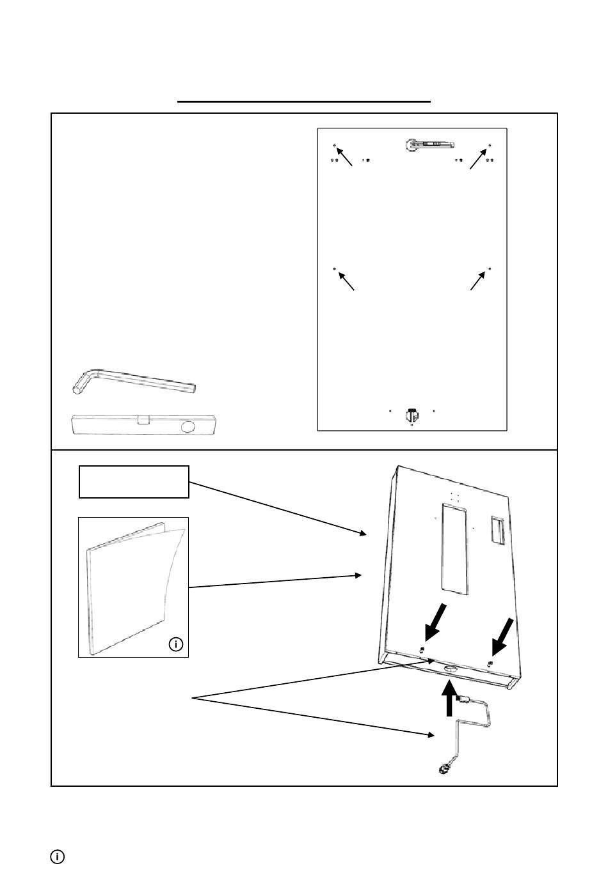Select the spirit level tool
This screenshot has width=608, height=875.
tap(144, 425)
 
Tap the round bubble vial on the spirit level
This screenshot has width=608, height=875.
tap(189, 426)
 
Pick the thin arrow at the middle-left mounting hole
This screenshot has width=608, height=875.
tap(346, 282)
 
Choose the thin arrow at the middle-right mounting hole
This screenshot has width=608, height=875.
tap(477, 282)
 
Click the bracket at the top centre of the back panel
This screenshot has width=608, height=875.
tap(428, 145)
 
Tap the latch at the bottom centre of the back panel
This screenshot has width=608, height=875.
tap(412, 415)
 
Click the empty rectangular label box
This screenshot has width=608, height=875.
tap(133, 481)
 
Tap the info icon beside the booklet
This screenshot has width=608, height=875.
tap(176, 644)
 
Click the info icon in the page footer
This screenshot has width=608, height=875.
tap(57, 856)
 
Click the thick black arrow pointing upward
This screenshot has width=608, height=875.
tap(450, 699)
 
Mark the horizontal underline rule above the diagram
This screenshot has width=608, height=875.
tap(304, 101)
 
